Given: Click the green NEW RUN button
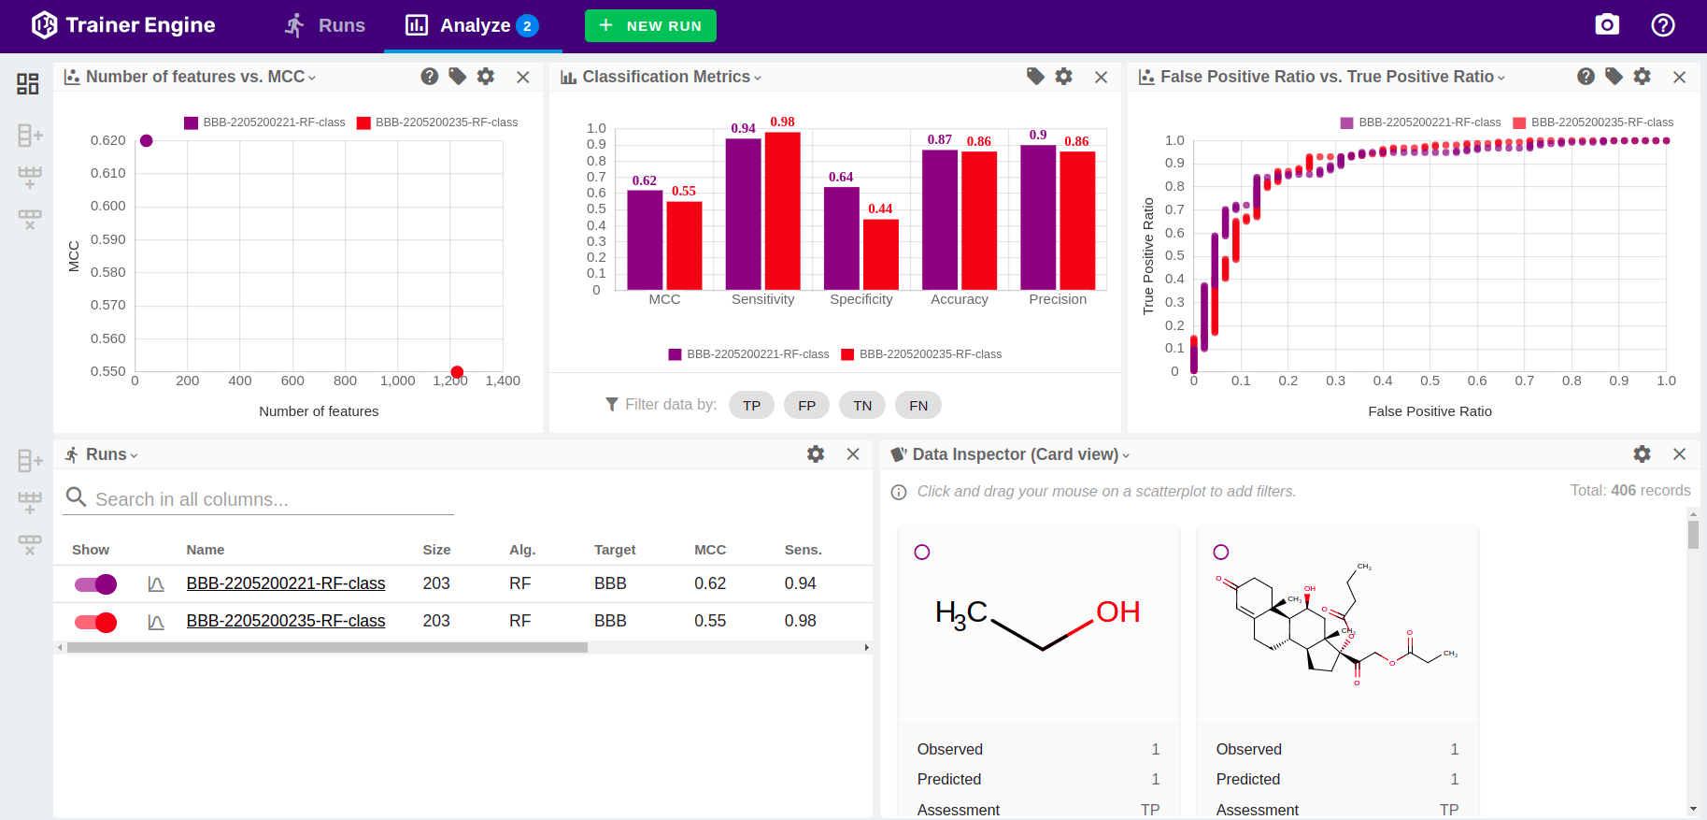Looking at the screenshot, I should coord(650,26).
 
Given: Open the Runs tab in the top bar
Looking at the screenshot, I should coord(325,25).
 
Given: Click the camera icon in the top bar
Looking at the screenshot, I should coord(1606,25).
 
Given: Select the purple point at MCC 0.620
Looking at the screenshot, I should coord(146,141).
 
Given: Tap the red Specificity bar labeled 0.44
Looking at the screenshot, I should coord(880,254).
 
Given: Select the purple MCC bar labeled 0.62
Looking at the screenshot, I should coord(645,239).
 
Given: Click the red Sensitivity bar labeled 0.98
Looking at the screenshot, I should coord(782,210).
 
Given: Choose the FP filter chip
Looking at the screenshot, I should coord(806,405).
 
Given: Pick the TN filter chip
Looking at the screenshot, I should coord(862,405).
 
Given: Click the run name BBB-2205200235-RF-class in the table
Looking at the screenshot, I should coord(285,621).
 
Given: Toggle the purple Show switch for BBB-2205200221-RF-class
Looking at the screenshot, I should coord(96,584).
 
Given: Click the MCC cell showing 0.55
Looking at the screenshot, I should coord(709,621).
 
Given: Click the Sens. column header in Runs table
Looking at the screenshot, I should coord(803,550).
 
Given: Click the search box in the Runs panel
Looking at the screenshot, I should coord(271,499).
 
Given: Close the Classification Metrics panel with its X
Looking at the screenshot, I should coord(1101,78).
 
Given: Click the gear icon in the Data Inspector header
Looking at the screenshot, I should coord(1642,454).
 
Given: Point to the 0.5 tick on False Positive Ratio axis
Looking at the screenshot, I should coord(1430,381).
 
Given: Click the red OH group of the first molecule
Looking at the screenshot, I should coord(1117,612).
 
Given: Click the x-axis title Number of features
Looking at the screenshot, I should coord(319,411).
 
